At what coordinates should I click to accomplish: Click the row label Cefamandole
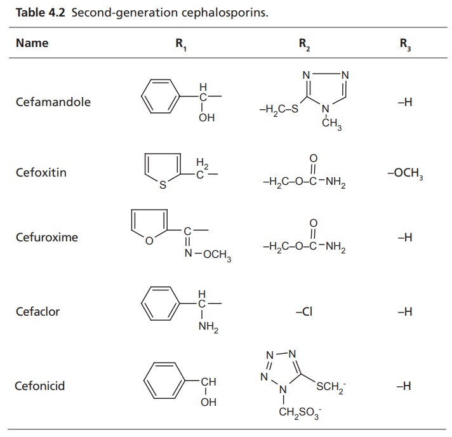tap(53, 102)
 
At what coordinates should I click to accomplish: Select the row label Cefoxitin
tap(41, 172)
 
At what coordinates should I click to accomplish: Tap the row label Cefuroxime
tap(47, 237)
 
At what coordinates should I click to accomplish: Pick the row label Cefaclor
tap(38, 312)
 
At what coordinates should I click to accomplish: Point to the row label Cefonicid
tap(40, 386)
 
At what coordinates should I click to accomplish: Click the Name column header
tap(32, 43)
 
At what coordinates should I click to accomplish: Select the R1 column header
tap(181, 44)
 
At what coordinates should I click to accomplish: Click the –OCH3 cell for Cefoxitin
tap(404, 173)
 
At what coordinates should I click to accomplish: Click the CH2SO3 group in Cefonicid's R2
tap(300, 413)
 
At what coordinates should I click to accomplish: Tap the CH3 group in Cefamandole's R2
tap(331, 126)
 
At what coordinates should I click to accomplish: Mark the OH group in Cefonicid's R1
tap(208, 403)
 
